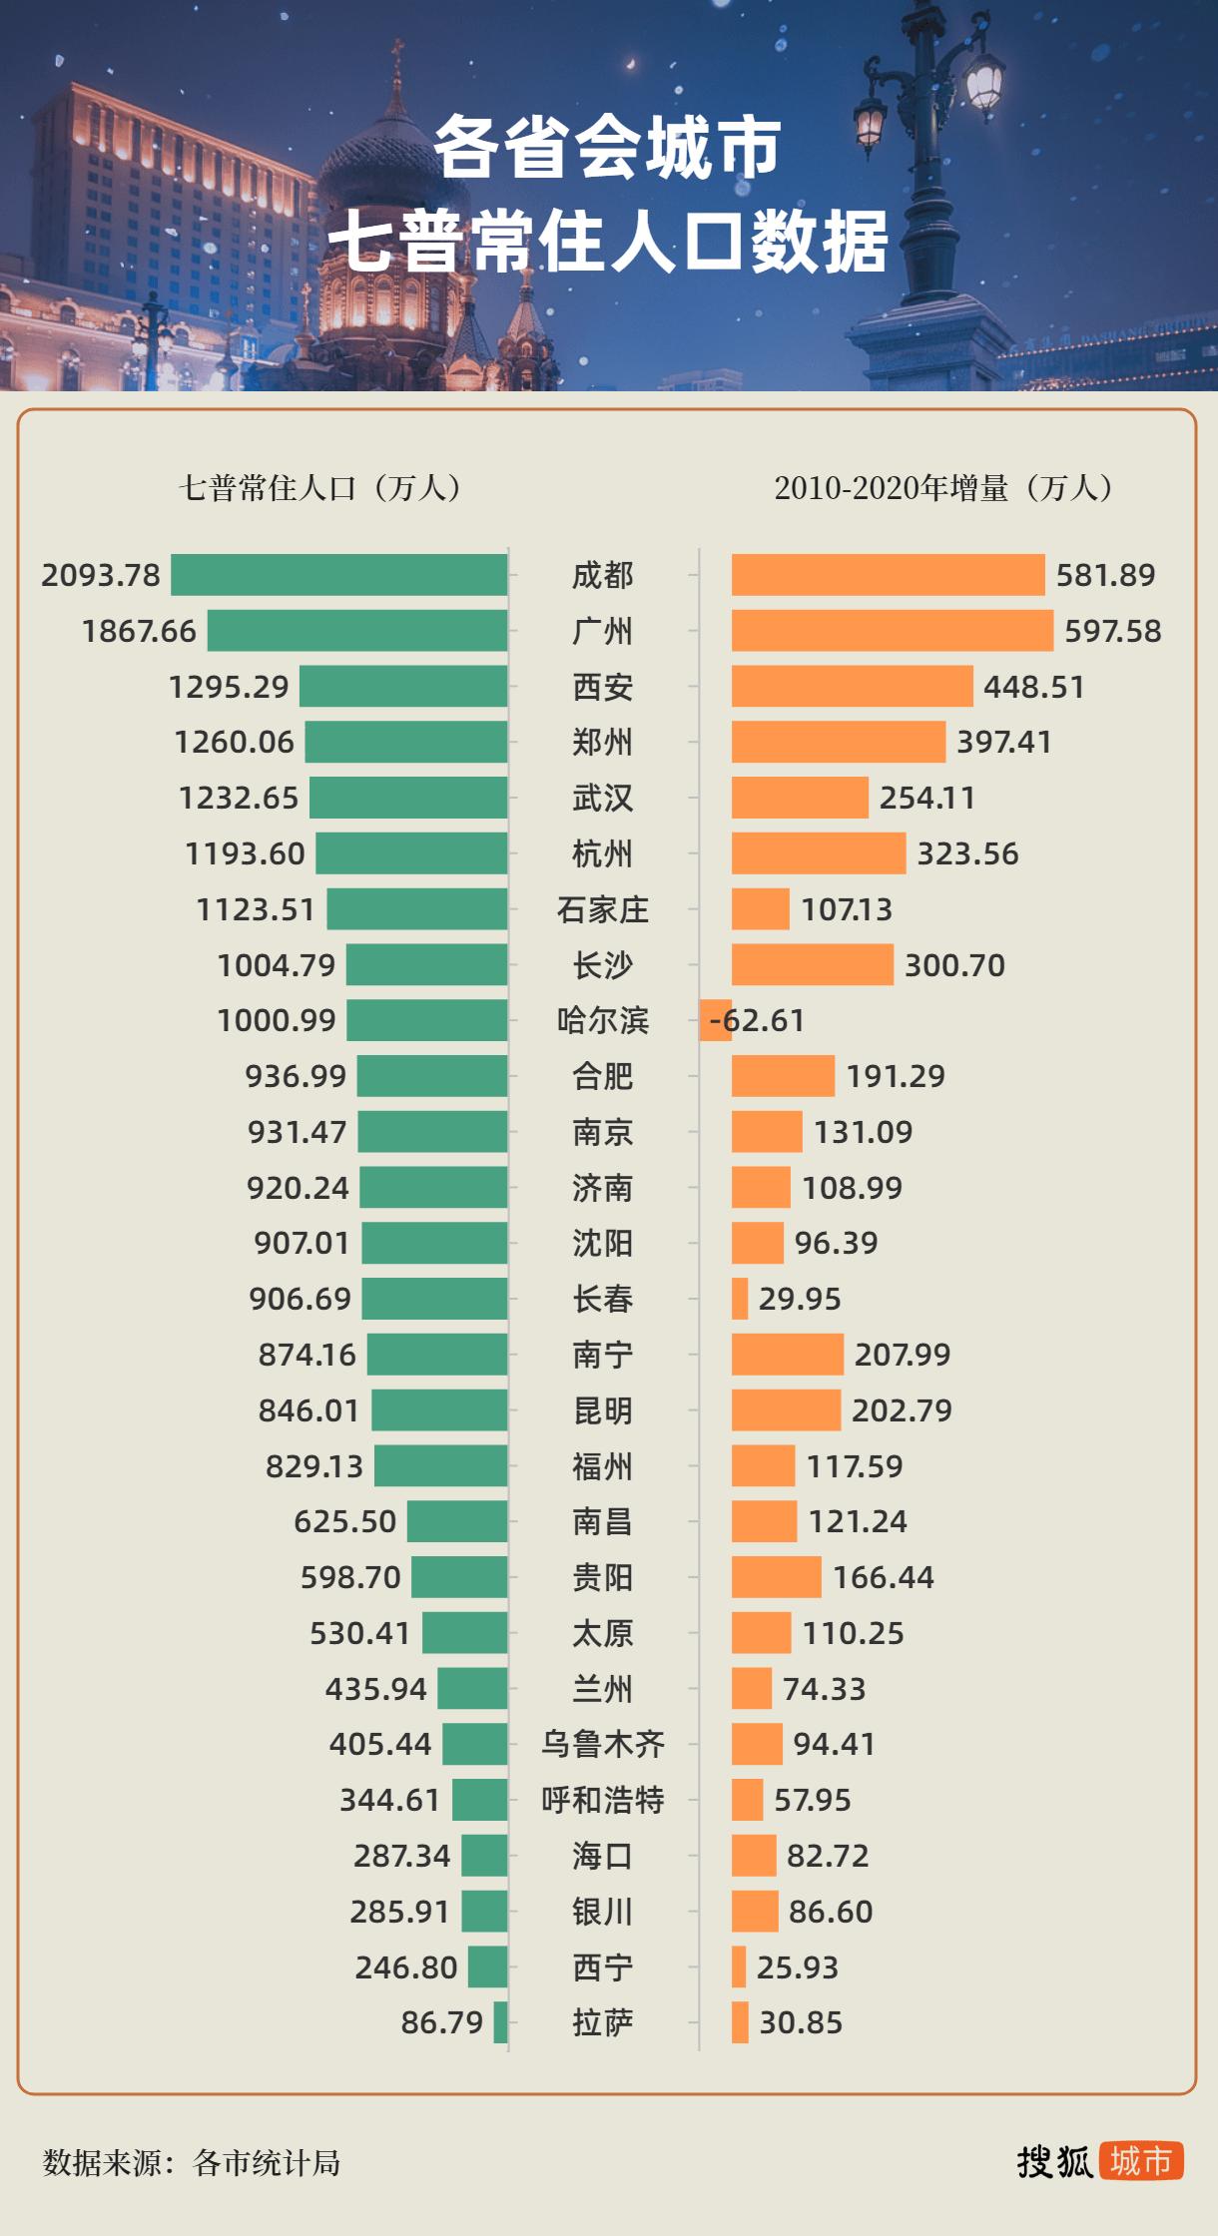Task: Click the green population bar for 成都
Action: [x=339, y=575]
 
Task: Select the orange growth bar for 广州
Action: [x=892, y=631]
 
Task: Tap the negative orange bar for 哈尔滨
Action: [x=715, y=1020]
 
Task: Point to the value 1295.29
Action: [x=229, y=687]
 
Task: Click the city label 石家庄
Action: [x=602, y=909]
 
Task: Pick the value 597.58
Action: [x=1112, y=631]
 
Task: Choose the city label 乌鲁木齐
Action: [x=602, y=1744]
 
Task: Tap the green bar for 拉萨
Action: [x=500, y=2022]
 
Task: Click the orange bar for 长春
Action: [x=740, y=1299]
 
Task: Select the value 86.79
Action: [x=441, y=2022]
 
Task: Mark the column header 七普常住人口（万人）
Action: [x=319, y=488]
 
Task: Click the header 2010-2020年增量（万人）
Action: [x=943, y=488]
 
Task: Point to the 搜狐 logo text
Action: [x=1054, y=2162]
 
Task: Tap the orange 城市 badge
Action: [x=1141, y=2161]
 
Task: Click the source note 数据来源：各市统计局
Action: [x=192, y=2163]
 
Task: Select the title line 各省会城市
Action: [x=608, y=148]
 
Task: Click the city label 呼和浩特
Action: [x=602, y=1800]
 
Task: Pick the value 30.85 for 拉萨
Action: [x=801, y=2022]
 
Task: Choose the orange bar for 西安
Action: [x=852, y=687]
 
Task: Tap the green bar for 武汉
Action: [x=408, y=798]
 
